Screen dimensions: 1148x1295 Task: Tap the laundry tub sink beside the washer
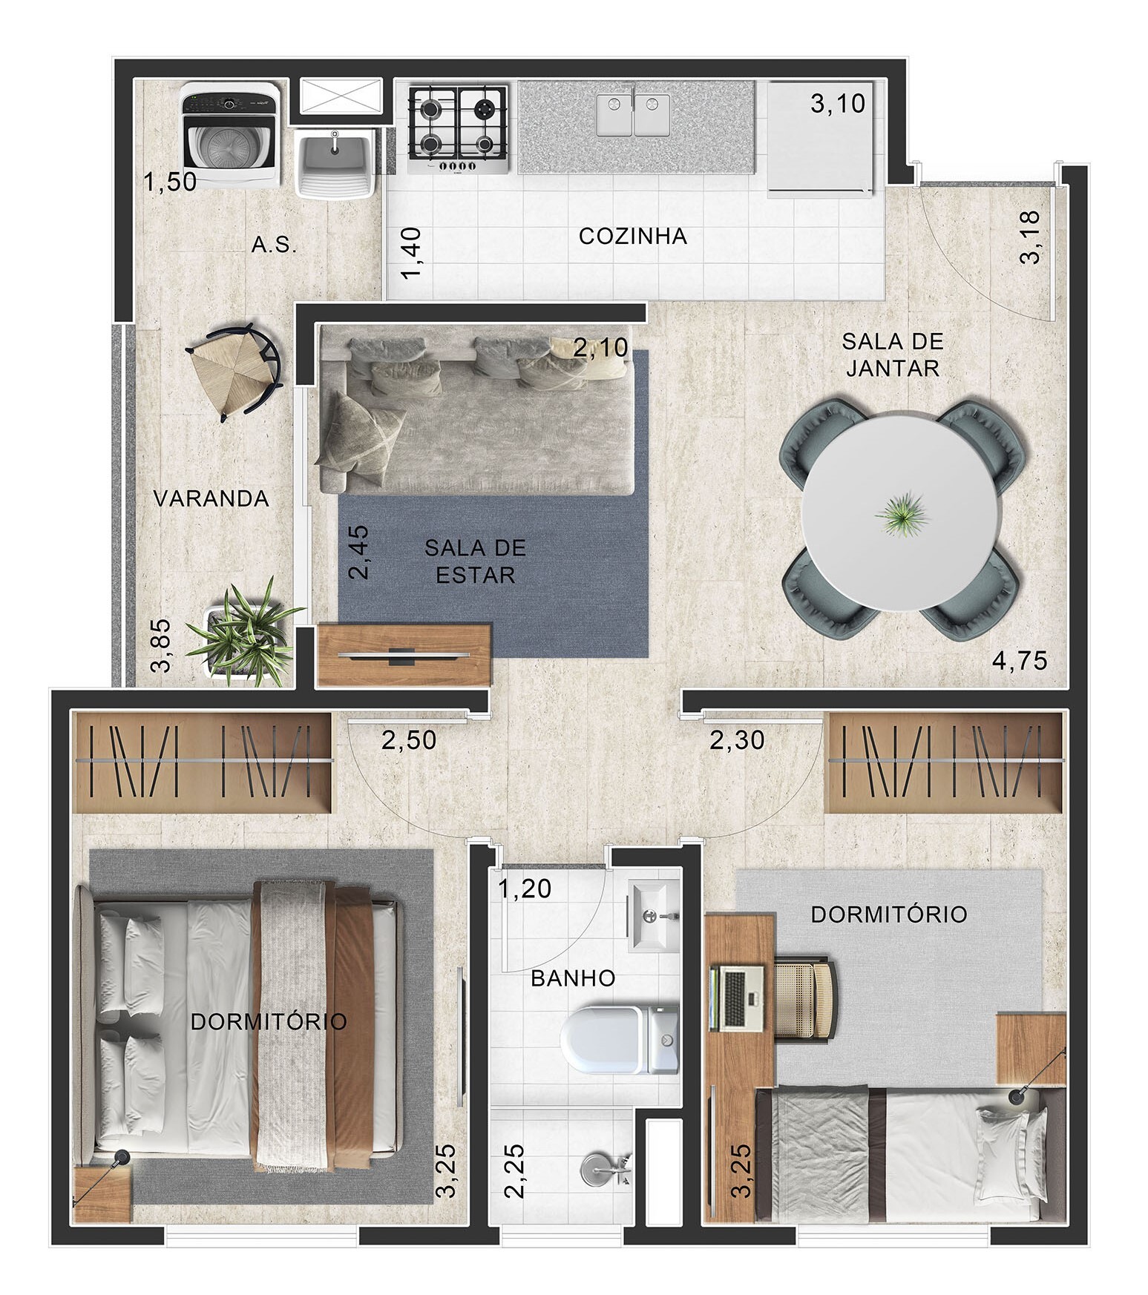(334, 163)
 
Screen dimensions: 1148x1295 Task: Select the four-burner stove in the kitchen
(459, 131)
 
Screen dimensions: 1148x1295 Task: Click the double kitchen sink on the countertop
(633, 115)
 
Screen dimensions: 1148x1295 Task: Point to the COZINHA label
(633, 237)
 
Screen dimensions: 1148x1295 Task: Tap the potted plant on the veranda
(243, 632)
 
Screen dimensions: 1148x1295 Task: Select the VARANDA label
(211, 498)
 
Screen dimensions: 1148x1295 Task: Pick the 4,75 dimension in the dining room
(1020, 660)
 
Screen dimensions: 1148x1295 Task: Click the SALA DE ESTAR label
(476, 561)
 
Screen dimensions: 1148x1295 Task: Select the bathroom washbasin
(654, 915)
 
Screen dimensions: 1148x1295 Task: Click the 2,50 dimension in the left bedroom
(409, 740)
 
